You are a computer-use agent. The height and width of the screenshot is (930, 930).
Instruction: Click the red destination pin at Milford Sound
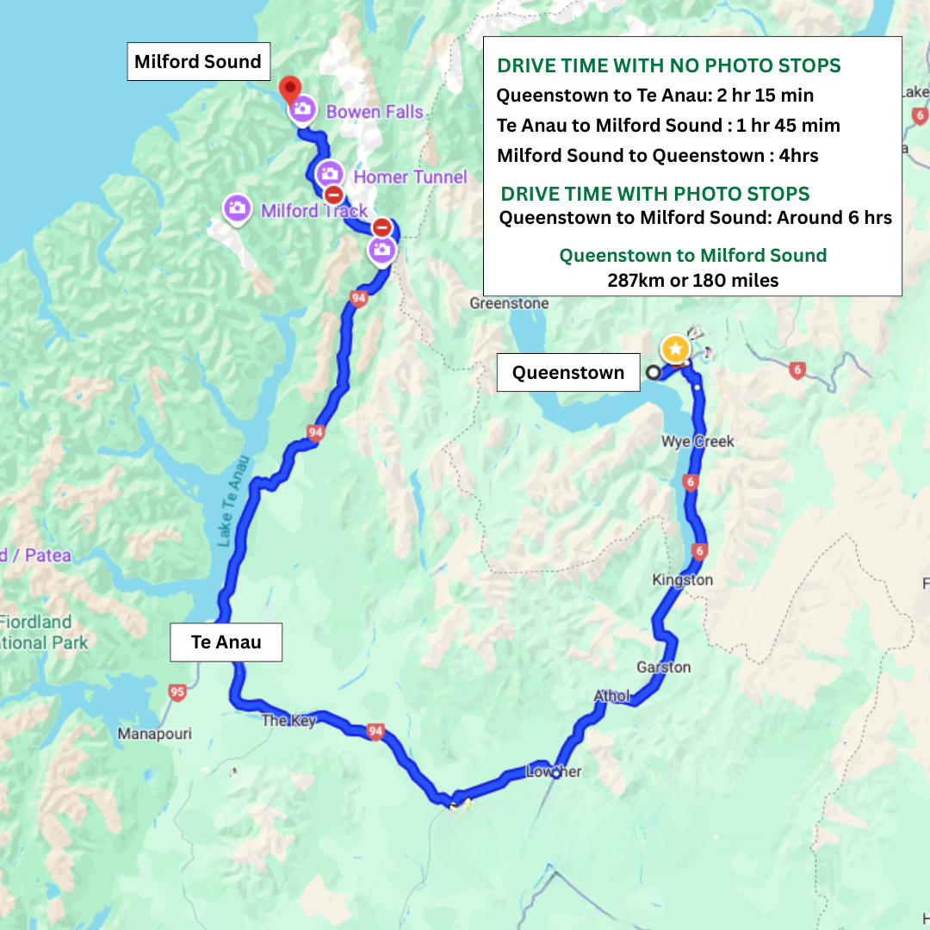(290, 88)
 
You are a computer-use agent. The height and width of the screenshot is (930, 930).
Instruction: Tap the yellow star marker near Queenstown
(676, 349)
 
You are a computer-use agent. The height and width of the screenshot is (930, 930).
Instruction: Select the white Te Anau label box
(226, 642)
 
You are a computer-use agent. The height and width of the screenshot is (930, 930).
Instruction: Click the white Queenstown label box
(568, 372)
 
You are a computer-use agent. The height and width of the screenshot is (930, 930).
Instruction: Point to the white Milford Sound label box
(198, 62)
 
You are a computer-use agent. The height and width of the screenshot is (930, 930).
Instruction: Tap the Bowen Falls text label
(375, 111)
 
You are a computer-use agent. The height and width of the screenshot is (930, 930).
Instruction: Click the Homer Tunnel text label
(410, 177)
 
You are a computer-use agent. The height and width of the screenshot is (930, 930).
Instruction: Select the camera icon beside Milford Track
(237, 208)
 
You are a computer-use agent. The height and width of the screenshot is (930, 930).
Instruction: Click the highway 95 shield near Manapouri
(177, 691)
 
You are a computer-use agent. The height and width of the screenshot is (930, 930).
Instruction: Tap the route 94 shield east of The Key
(375, 731)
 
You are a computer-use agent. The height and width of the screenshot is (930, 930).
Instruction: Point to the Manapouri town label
(155, 734)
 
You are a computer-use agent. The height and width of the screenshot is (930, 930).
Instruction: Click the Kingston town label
(683, 580)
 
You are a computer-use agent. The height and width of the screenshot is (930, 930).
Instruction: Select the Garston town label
(663, 667)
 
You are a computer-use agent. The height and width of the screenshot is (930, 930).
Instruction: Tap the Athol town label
(611, 696)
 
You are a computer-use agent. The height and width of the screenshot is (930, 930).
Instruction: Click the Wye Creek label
(697, 441)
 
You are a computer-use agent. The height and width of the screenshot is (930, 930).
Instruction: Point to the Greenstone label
(509, 303)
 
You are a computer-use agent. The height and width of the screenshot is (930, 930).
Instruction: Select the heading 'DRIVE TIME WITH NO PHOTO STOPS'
(669, 66)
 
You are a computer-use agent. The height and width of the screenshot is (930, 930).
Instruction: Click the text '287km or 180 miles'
(692, 280)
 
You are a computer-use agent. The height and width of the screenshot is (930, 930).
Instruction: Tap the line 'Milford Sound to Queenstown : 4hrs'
(658, 156)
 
